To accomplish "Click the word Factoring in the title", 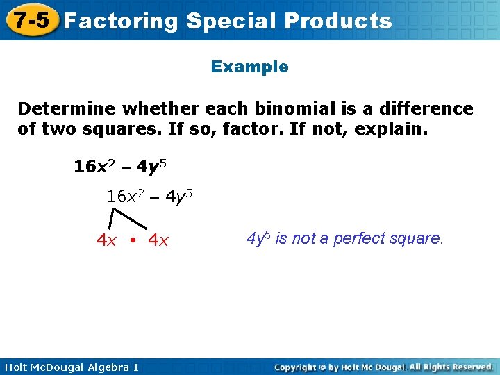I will coord(122,22).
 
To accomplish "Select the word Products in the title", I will coord(338,22).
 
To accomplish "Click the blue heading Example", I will coord(249,67).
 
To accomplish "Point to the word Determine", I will coord(67,109).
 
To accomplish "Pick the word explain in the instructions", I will coord(391,129).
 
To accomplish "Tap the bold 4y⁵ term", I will coord(151,167).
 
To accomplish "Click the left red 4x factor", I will coord(106,241).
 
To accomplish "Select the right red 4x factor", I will coord(158,241).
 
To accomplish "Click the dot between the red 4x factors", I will coord(132,241).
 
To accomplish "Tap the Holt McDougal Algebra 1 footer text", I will coord(69,367).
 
